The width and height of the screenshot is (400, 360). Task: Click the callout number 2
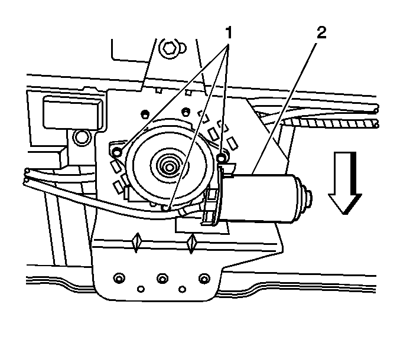[321, 32]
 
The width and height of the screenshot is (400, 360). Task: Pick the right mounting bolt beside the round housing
[222, 158]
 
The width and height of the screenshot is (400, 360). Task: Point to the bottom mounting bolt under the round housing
[167, 208]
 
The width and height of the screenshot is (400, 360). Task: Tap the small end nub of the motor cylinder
[308, 197]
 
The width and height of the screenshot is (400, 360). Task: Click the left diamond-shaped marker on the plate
[136, 242]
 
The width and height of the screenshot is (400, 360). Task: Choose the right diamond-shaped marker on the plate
[191, 242]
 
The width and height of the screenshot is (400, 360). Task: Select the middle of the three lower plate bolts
[162, 277]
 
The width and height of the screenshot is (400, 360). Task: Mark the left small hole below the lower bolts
[141, 289]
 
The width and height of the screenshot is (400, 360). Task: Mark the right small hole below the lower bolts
[183, 289]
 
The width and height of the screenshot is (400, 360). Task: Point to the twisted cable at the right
[336, 123]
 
